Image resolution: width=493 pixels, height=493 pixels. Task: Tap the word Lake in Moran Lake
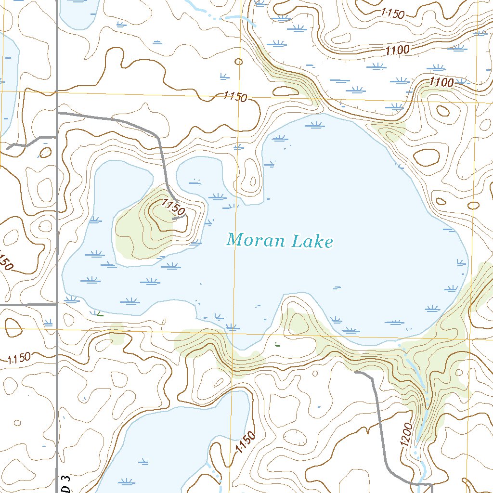tap(312, 241)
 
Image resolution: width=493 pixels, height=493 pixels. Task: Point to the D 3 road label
tap(66, 483)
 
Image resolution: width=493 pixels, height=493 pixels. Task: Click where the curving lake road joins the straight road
tap(58, 113)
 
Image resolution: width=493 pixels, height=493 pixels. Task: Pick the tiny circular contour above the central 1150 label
tap(239, 61)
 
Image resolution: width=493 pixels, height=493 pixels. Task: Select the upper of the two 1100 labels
tap(397, 49)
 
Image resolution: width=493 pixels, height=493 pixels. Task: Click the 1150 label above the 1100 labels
tap(392, 13)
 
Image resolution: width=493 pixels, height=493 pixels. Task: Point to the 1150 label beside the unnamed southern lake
tap(245, 443)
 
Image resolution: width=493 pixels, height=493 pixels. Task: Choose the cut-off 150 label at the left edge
tap(5, 263)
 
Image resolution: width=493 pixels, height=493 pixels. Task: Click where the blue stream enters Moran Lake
tap(403, 346)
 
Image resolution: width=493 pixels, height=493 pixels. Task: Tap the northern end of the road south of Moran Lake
tap(355, 372)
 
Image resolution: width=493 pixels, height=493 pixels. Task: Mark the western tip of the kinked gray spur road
tap(8, 149)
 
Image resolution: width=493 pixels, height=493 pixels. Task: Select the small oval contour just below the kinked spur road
tap(45, 153)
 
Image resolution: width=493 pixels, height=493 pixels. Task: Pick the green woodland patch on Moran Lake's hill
tap(132, 231)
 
